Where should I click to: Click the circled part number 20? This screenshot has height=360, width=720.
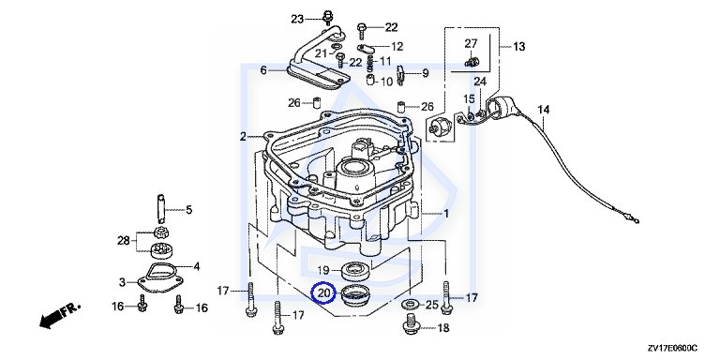click(324, 292)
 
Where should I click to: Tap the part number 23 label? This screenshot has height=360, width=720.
click(297, 20)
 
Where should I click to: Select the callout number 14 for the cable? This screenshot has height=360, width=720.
click(544, 110)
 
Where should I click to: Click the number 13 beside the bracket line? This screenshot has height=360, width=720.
click(518, 46)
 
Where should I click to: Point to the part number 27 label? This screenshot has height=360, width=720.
click(472, 44)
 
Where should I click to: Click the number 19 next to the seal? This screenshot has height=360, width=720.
click(323, 270)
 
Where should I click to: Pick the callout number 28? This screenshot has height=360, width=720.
click(124, 240)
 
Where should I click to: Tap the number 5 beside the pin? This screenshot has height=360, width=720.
click(189, 210)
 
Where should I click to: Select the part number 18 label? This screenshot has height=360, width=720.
click(443, 328)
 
